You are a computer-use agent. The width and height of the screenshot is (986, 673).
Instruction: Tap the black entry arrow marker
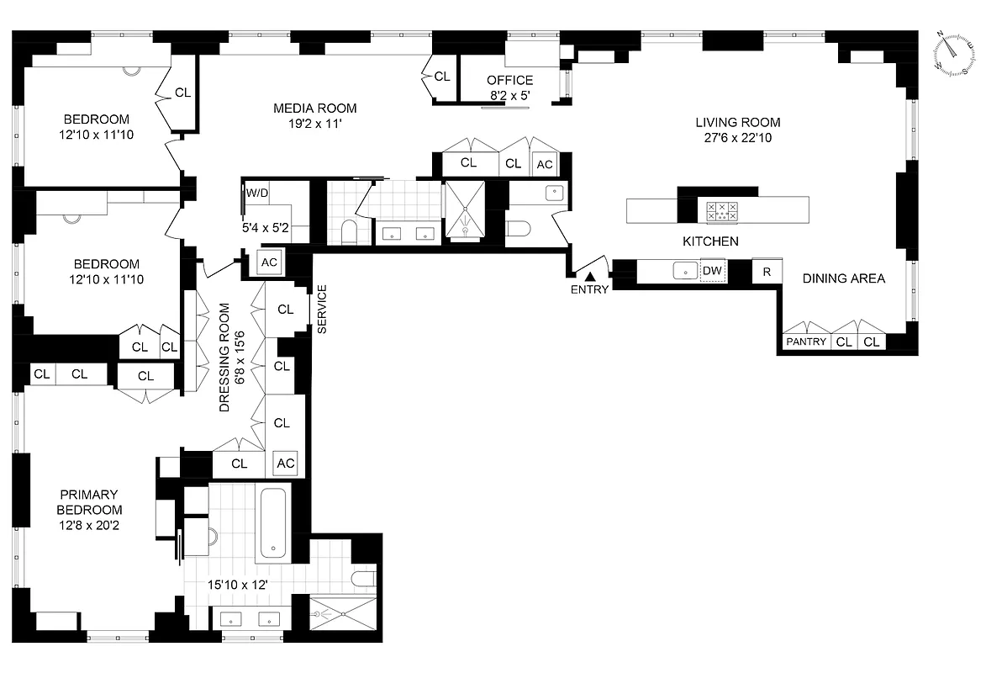click(590, 276)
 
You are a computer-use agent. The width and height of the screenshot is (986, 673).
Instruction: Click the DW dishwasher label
click(712, 271)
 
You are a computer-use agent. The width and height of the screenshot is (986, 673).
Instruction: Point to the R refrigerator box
click(766, 271)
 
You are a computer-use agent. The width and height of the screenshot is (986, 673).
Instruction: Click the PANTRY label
click(805, 342)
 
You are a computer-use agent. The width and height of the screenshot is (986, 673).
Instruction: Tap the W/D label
click(256, 193)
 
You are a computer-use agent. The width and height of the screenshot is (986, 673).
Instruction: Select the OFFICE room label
click(509, 81)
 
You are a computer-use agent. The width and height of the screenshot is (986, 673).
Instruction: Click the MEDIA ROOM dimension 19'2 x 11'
click(314, 124)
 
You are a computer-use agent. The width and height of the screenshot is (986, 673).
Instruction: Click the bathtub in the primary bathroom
click(273, 523)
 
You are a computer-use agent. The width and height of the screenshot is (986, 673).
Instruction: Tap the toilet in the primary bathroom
click(363, 578)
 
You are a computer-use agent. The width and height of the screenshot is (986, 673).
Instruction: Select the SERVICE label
click(322, 310)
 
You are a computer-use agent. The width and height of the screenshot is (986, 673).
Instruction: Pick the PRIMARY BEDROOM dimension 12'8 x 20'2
click(88, 526)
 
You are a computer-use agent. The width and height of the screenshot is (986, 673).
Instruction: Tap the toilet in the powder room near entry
click(516, 230)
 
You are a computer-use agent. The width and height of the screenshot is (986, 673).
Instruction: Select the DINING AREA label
click(842, 278)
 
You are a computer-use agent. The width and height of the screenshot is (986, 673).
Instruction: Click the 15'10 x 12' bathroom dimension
click(238, 584)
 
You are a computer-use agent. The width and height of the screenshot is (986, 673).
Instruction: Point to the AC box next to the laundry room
click(269, 262)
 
